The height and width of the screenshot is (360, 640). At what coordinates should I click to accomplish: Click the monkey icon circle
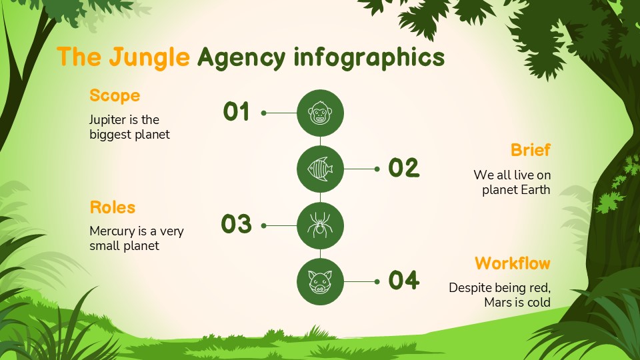(320, 113)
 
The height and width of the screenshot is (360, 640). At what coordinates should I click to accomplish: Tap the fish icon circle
(320, 169)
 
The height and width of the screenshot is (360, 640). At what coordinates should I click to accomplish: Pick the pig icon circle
(320, 282)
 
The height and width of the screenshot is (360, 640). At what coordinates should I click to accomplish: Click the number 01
(237, 112)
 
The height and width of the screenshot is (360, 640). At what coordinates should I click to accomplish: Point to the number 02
(404, 168)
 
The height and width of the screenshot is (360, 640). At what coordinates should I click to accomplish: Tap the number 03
(237, 225)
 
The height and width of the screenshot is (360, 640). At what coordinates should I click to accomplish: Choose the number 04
(404, 281)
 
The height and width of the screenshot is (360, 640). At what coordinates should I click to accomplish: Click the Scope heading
(115, 95)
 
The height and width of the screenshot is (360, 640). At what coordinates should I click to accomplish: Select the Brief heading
(531, 150)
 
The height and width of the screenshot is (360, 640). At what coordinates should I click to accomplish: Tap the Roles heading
(113, 207)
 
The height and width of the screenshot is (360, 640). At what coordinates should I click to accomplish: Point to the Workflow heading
(513, 263)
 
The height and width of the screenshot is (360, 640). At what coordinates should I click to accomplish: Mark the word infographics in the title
(369, 59)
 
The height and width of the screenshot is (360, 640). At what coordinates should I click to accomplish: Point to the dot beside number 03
(264, 226)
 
